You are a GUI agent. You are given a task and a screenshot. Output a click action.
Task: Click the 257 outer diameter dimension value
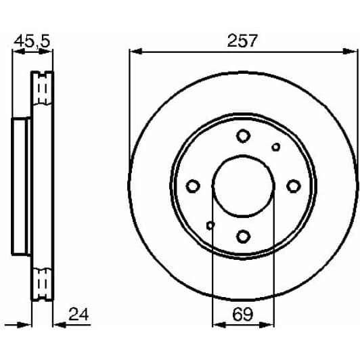(x=242, y=40)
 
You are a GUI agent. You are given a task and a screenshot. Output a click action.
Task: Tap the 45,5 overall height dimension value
(x=32, y=41)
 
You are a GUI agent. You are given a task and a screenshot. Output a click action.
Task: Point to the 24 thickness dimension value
(x=78, y=314)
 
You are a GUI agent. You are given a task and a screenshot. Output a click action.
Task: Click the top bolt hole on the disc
(x=243, y=136)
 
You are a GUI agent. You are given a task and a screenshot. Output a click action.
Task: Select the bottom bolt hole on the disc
(x=243, y=235)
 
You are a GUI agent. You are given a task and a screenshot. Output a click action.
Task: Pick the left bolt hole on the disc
(x=193, y=186)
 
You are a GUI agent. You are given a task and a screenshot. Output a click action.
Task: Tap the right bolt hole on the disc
(x=293, y=185)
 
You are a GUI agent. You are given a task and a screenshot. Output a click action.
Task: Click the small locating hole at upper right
(x=275, y=147)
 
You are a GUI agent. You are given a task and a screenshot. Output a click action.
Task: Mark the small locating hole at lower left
(x=210, y=225)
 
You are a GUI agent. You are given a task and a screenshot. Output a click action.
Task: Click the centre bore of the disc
(x=243, y=186)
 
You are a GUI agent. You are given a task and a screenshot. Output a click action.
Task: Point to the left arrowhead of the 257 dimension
(x=133, y=51)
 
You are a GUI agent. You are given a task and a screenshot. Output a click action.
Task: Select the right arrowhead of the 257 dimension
(x=353, y=51)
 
